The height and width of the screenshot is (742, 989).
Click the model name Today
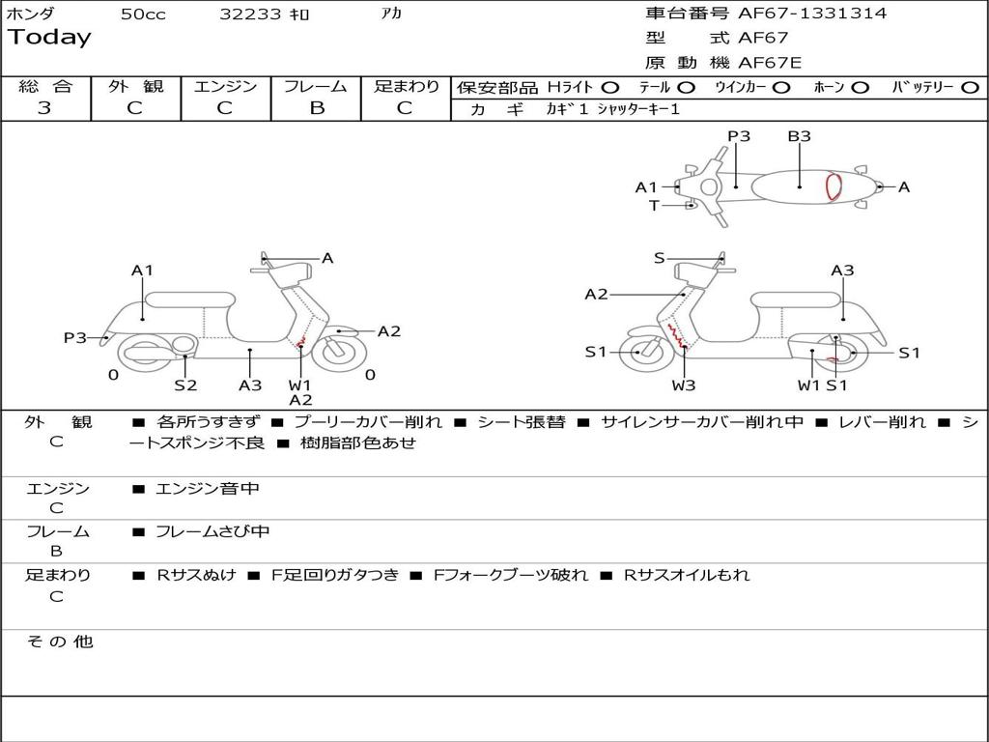tap(49, 38)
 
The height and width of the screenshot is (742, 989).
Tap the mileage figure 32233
tap(250, 14)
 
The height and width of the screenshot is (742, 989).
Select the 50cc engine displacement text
tap(143, 14)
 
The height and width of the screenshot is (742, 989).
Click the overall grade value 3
tap(44, 108)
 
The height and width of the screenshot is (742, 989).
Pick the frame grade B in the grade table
tap(316, 108)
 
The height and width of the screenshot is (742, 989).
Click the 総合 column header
tap(45, 87)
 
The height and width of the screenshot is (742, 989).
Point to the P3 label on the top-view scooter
tap(739, 136)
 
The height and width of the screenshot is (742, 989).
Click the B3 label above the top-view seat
tap(799, 136)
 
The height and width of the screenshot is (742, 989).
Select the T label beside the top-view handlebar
tap(654, 205)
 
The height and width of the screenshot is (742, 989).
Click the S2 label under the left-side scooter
tap(185, 385)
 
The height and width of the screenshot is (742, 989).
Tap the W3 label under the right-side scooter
tap(684, 385)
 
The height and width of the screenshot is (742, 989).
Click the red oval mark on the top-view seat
tap(833, 187)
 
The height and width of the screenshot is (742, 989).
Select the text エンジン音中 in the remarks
tap(208, 489)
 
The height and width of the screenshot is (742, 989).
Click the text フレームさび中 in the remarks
tap(212, 531)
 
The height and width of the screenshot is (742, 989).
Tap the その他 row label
tap(59, 642)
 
